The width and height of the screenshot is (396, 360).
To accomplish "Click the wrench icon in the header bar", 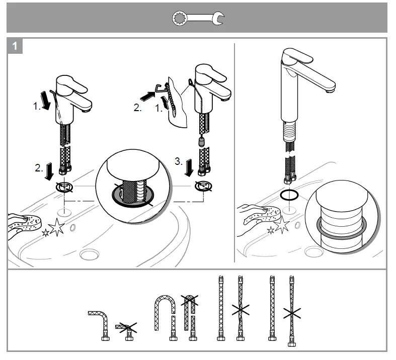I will (198, 19).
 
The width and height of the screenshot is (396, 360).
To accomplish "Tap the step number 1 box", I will (15, 46).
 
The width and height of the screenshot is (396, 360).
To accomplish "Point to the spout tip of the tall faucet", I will (330, 91).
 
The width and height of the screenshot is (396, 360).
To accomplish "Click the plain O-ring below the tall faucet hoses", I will (290, 195).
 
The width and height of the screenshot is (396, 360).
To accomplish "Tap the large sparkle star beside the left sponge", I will (56, 228).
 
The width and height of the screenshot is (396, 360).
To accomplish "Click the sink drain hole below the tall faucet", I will (313, 252).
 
